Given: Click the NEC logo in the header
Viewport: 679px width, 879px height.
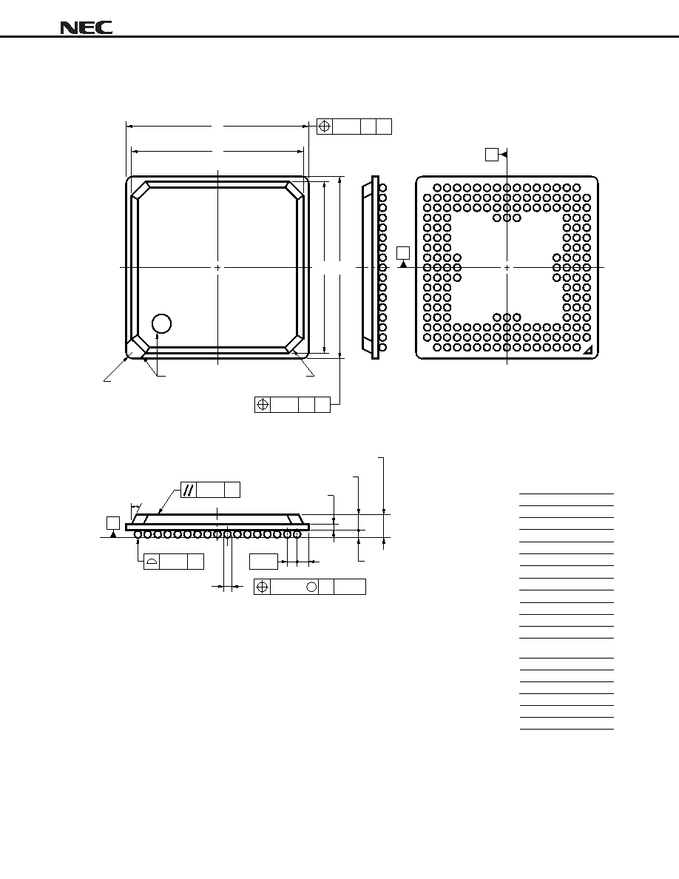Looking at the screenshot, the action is (87, 28).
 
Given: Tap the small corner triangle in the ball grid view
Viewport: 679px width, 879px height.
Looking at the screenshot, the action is (588, 351).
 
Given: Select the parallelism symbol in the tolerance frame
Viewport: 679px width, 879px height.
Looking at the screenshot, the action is (189, 489).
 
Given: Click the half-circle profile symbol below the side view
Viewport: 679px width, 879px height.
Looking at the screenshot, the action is (152, 562).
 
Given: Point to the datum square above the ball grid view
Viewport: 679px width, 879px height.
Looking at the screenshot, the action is (492, 155).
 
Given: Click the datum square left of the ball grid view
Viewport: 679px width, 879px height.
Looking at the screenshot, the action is (403, 253).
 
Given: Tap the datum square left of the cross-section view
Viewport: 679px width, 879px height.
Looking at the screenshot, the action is (113, 522).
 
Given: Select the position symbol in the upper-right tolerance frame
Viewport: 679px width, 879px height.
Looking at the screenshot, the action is (325, 126).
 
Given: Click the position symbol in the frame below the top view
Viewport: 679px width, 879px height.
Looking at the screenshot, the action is (262, 404).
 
